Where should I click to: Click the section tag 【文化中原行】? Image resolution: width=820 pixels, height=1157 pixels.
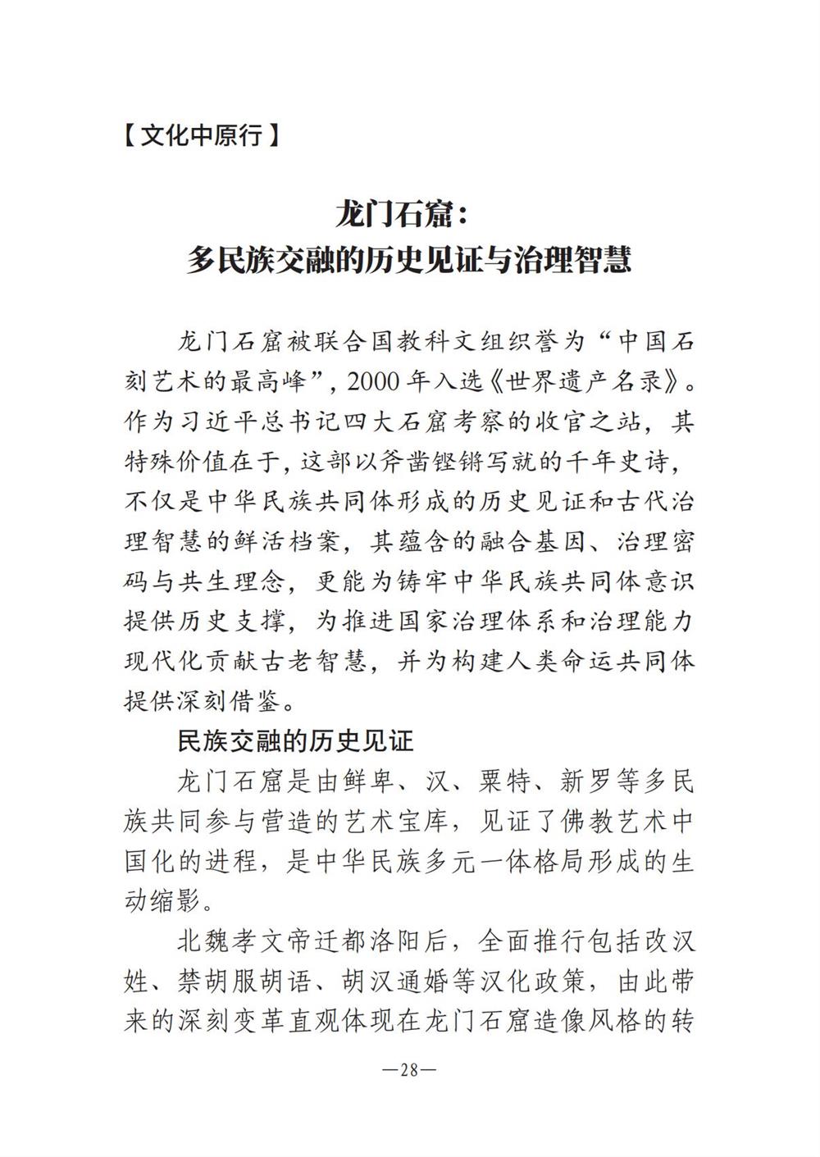coord(201,134)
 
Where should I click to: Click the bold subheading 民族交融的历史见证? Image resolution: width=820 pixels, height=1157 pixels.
coord(296,741)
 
